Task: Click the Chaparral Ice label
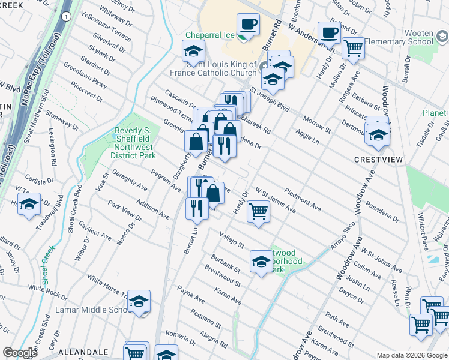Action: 209,35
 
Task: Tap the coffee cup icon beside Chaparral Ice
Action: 248,25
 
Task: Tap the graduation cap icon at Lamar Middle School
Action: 139,301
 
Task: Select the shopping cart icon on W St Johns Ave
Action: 258,211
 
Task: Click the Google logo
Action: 20,353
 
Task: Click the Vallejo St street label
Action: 232,240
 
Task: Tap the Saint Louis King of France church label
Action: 221,69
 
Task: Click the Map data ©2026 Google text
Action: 411,355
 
